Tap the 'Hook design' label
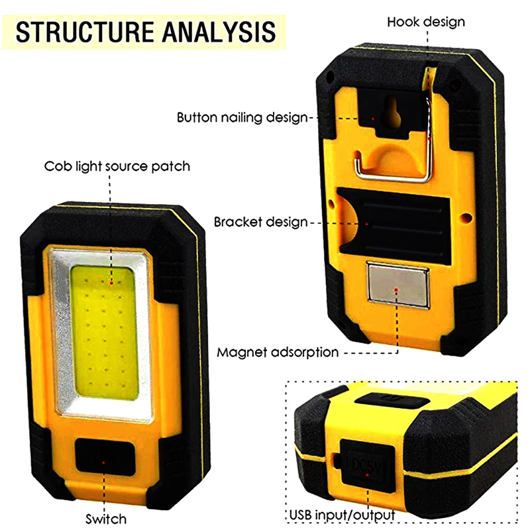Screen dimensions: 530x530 pos(426,22)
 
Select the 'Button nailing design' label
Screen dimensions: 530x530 pos(242,118)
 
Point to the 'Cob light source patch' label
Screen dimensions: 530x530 pos(117,166)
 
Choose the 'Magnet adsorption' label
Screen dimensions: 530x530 pos(278,352)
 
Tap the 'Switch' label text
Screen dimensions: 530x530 pos(106,518)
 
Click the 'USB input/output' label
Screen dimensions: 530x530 pos(343,515)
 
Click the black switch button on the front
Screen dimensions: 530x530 pos(103,456)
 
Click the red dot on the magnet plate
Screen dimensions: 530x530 pos(397,290)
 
